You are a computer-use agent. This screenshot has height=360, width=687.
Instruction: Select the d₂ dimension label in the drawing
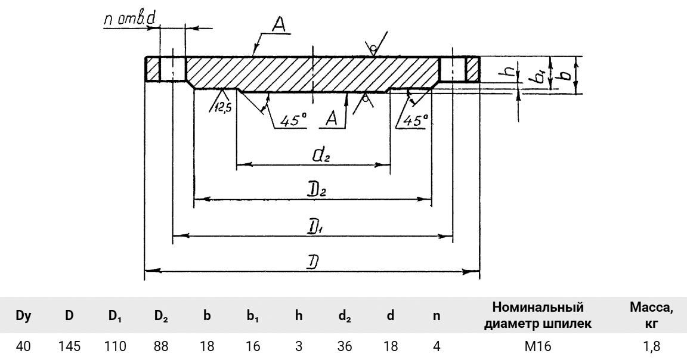tap(320, 157)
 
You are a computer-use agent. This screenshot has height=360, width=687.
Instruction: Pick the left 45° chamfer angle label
tap(292, 120)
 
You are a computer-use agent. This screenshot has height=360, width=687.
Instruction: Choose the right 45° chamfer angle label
tap(415, 120)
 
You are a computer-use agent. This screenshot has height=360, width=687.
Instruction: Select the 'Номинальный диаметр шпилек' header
tap(539, 315)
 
